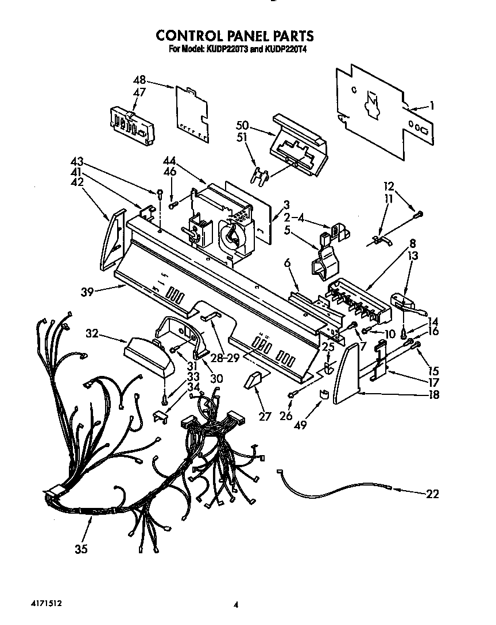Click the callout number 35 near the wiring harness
(81, 550)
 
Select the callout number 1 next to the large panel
(432, 105)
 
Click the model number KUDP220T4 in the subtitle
(285, 50)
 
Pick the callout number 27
(265, 417)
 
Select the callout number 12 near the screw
(390, 187)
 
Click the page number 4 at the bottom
(236, 604)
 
